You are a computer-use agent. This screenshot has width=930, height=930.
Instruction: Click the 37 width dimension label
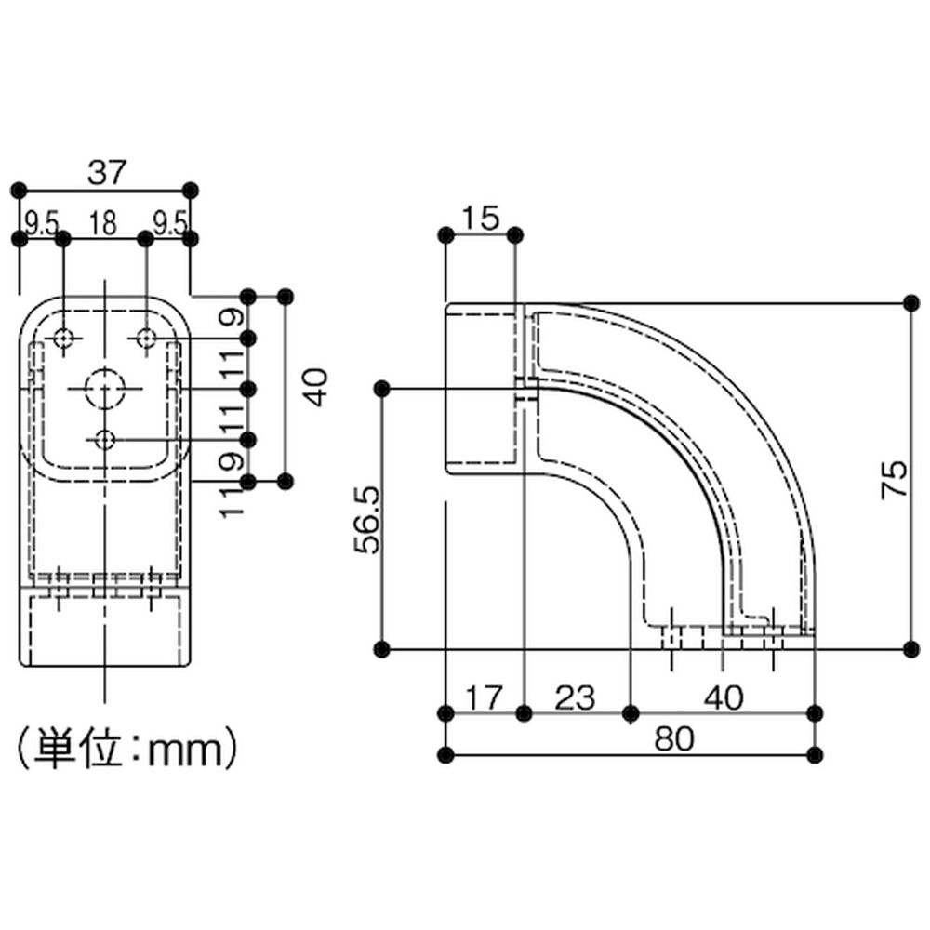click(107, 173)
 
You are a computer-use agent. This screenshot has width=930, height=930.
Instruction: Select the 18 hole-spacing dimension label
click(103, 223)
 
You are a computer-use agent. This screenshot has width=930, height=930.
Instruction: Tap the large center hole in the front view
click(105, 389)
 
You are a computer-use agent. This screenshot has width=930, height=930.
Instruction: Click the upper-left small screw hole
click(63, 339)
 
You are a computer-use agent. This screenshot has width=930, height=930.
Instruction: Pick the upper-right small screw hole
click(146, 339)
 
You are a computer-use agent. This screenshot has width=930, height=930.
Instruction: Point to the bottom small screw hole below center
click(105, 440)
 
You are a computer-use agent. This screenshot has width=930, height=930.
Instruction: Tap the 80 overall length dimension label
click(673, 739)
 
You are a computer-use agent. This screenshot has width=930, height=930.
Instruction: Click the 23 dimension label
click(575, 697)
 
